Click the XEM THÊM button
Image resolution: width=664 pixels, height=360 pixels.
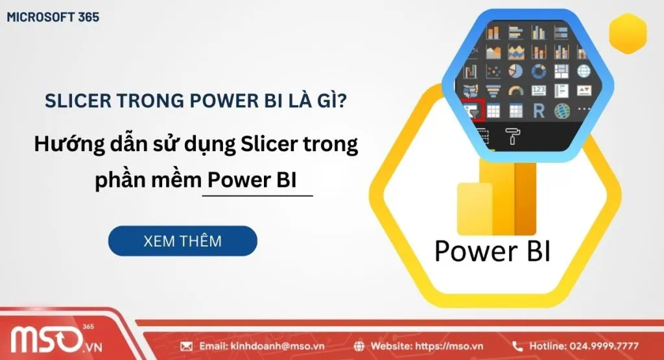click(182, 241)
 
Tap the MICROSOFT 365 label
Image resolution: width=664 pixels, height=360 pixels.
click(53, 18)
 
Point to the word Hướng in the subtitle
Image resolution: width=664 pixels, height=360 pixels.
click(67, 144)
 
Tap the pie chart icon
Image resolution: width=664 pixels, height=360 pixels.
click(516, 70)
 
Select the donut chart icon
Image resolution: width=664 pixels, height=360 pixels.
click(538, 70)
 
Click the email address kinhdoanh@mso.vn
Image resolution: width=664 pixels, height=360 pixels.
click(263, 346)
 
